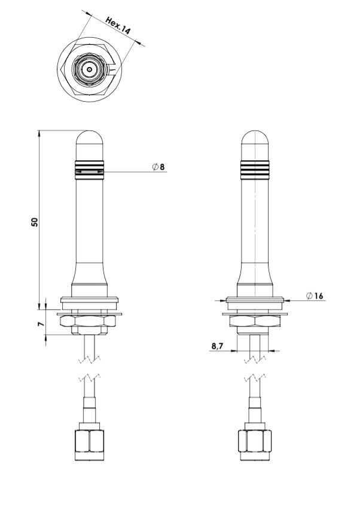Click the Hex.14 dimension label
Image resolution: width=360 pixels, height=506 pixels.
118,26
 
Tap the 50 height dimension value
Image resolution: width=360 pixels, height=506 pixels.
35,222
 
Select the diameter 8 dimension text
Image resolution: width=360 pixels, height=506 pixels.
158,167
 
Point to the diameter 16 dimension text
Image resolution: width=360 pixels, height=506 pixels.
315,296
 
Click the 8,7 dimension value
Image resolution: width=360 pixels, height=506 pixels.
218,346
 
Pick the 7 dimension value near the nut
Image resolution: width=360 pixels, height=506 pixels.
41,324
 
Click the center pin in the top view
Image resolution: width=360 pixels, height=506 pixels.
89,69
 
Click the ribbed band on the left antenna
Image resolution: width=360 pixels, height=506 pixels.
89,170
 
